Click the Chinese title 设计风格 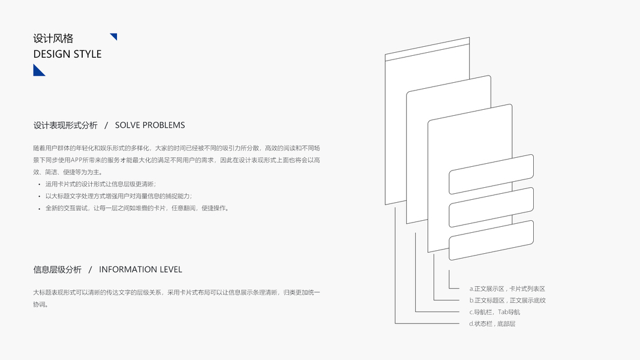click(x=53, y=38)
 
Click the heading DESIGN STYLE click(x=67, y=54)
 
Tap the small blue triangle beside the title click(x=114, y=37)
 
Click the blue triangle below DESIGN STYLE click(x=38, y=71)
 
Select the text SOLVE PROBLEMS click(x=150, y=125)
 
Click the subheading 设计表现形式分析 click(x=65, y=125)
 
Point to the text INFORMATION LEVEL click(x=140, y=269)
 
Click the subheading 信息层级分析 click(x=58, y=269)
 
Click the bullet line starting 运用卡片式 click(x=100, y=184)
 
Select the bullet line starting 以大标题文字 click(x=119, y=196)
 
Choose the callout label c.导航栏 click(x=498, y=312)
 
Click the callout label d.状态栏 click(x=492, y=324)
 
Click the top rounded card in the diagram click(x=491, y=174)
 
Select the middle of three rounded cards click(x=491, y=207)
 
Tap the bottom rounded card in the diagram click(x=491, y=240)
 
